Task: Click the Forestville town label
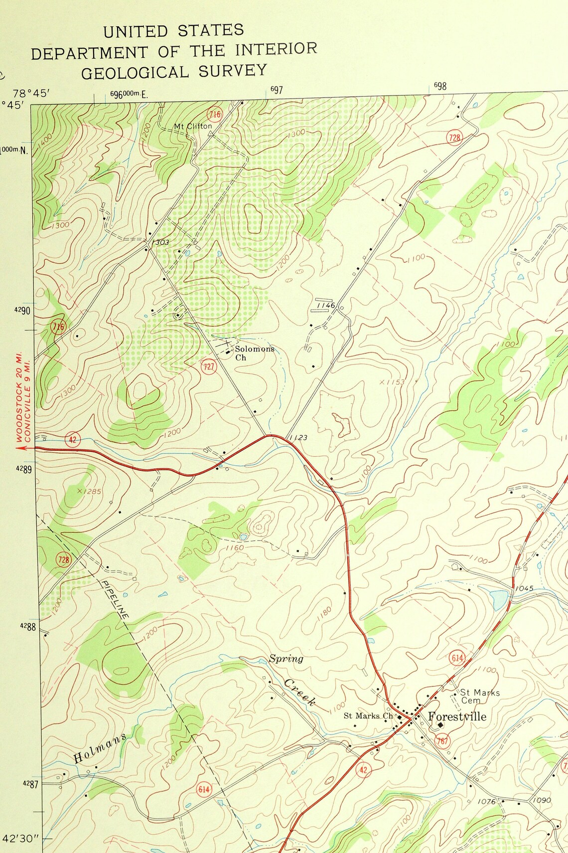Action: [x=457, y=717]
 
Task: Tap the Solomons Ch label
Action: [x=254, y=352]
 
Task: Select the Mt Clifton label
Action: [x=193, y=126]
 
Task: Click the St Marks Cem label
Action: [x=479, y=696]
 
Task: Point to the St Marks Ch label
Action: [x=368, y=716]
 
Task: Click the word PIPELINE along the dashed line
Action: [x=115, y=599]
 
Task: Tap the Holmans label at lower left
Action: [x=100, y=747]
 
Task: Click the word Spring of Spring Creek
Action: [x=286, y=659]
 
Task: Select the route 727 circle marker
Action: [x=209, y=367]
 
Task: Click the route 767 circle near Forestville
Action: [x=442, y=741]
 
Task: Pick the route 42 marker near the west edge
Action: [x=73, y=439]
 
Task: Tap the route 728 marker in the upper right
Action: [x=454, y=138]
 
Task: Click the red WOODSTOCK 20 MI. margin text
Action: [x=19, y=406]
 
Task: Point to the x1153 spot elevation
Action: [x=392, y=382]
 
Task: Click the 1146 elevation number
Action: [x=325, y=305]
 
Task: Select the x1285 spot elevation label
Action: [x=89, y=491]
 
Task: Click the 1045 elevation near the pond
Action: [x=524, y=588]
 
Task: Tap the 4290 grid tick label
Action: [x=22, y=311]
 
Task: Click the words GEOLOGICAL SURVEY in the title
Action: [x=174, y=72]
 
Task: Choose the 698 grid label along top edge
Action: [x=440, y=86]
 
